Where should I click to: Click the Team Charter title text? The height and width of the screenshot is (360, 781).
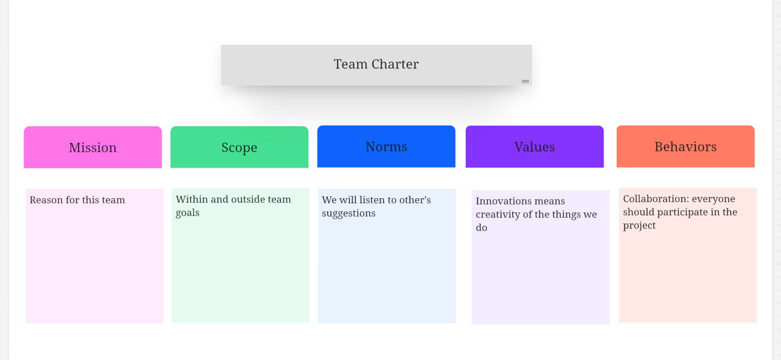pos(376,64)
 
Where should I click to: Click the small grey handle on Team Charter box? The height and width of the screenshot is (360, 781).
pos(525,81)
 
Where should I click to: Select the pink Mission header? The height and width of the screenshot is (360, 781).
pos(93,147)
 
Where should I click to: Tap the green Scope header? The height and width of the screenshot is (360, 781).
pos(239,147)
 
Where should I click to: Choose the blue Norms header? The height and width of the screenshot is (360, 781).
pos(386,146)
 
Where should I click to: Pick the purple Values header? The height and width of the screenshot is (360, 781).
pos(535,147)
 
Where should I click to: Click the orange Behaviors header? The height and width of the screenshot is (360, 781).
pos(686,146)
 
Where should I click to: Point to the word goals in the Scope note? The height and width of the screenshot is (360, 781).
pos(188,213)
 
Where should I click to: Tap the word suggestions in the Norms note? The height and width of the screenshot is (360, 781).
pos(349,213)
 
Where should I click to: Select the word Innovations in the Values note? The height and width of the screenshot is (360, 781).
pos(503,201)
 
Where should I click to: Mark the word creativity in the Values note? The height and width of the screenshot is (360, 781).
pos(498,214)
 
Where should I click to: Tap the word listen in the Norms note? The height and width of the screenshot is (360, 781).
pos(370,200)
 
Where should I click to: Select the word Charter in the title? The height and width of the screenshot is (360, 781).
pos(395,64)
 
